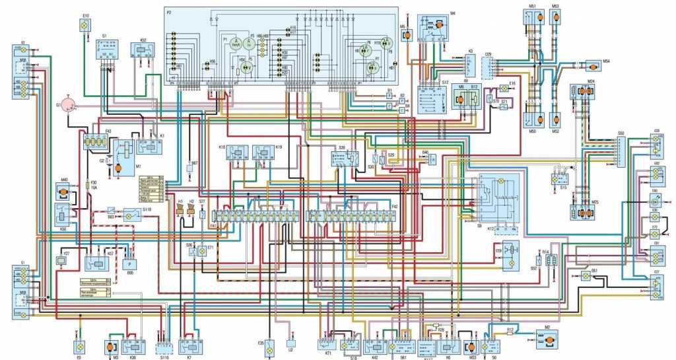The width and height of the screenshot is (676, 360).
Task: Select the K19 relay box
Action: click(264, 154)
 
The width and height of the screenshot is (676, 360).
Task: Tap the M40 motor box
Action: click(64, 192)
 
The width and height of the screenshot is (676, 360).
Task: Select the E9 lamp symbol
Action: click(79, 346)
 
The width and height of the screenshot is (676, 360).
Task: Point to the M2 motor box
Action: click(546, 341)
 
